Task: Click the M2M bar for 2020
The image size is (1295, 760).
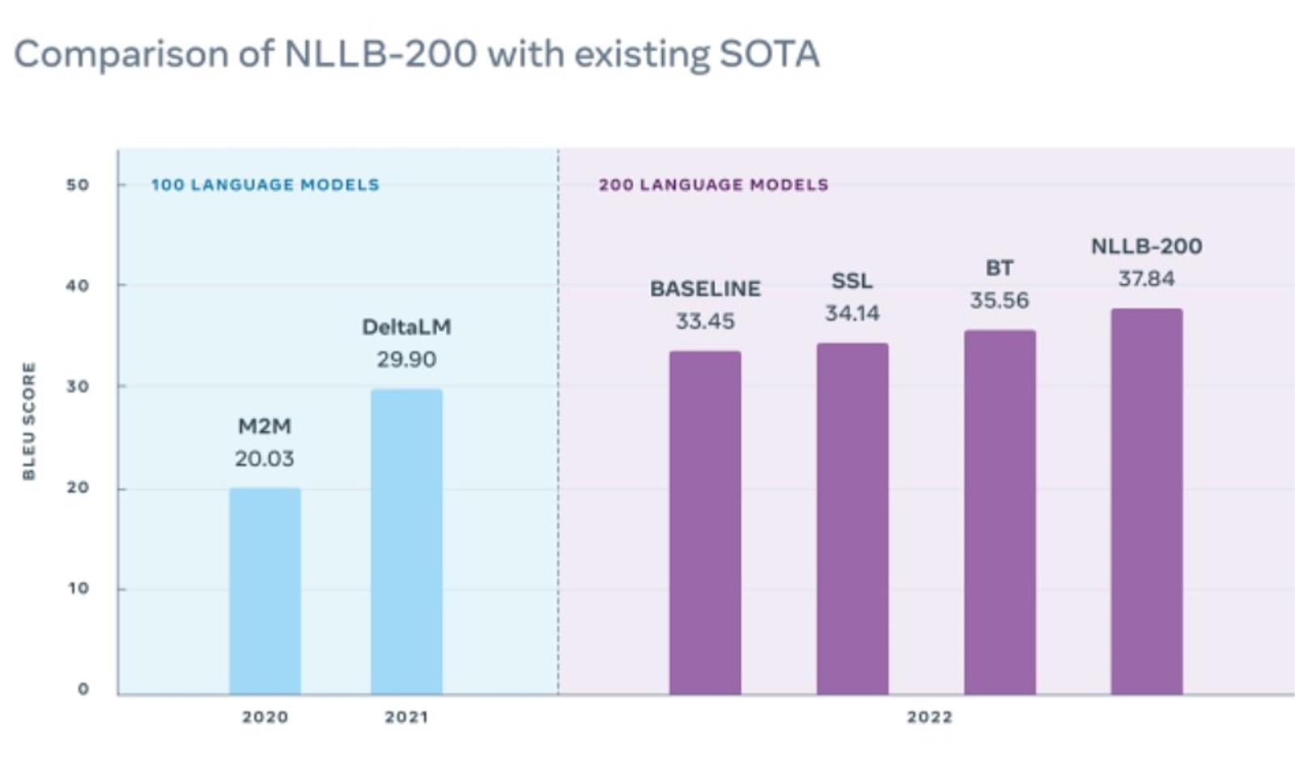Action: pos(265,591)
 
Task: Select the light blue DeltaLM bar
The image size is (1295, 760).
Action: pos(406,542)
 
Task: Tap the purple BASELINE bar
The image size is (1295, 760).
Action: pos(705,523)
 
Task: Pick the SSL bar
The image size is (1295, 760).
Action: pos(852,519)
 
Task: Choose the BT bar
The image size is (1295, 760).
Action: pos(1000,512)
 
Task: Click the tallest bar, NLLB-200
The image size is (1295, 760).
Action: pos(1146,502)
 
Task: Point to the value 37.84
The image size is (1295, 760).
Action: pos(1146,279)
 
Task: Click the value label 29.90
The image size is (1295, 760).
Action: pos(406,359)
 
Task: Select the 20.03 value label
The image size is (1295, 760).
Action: pos(265,459)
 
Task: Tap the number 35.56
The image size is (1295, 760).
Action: pos(1000,301)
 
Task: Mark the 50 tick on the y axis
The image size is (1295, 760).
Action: pos(78,185)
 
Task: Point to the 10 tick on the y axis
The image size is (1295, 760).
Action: pos(79,588)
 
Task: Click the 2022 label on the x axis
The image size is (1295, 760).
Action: pos(929,717)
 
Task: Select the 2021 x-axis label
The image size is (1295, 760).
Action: pos(406,717)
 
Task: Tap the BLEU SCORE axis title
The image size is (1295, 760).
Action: pos(29,421)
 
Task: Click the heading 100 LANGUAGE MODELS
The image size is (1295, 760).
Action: pos(265,185)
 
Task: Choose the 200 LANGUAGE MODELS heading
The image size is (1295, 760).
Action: pos(714,185)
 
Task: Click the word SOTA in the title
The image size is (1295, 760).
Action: pos(769,55)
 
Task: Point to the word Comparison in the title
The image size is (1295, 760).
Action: pos(121,55)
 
